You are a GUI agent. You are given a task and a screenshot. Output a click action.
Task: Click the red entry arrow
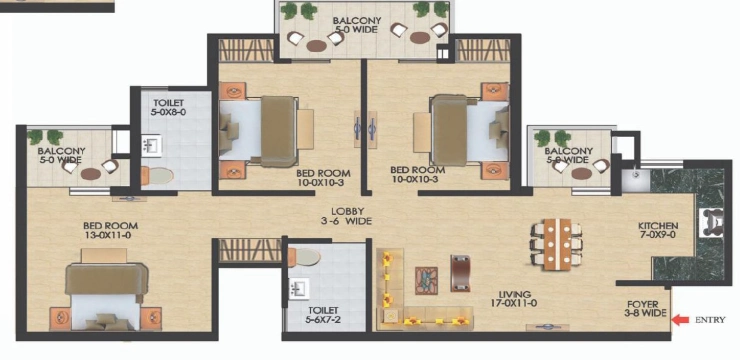tap(680, 320)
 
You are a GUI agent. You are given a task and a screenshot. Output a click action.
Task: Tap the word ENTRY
tap(710, 320)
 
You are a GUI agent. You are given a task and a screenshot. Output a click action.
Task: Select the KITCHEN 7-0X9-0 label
tap(658, 230)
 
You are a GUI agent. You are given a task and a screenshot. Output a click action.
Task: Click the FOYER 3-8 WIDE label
tap(646, 309)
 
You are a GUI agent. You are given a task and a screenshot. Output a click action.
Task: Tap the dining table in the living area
tap(557, 244)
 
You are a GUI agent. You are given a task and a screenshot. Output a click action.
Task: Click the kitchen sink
tap(636, 180)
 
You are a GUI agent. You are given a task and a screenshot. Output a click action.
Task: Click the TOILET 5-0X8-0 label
tap(168, 108)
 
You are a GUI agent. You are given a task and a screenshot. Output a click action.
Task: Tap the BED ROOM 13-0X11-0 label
tap(110, 230)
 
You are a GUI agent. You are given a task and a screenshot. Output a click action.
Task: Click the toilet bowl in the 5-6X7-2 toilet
tap(304, 257)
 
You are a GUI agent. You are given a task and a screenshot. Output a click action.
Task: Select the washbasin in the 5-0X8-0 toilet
tap(152, 146)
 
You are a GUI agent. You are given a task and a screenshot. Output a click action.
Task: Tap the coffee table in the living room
tap(426, 281)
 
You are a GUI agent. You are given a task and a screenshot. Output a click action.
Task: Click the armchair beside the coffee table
tap(460, 273)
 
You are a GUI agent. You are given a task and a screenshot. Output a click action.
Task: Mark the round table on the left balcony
tap(91, 174)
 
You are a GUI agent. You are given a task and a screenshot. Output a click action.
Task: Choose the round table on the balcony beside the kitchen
tap(582, 174)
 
